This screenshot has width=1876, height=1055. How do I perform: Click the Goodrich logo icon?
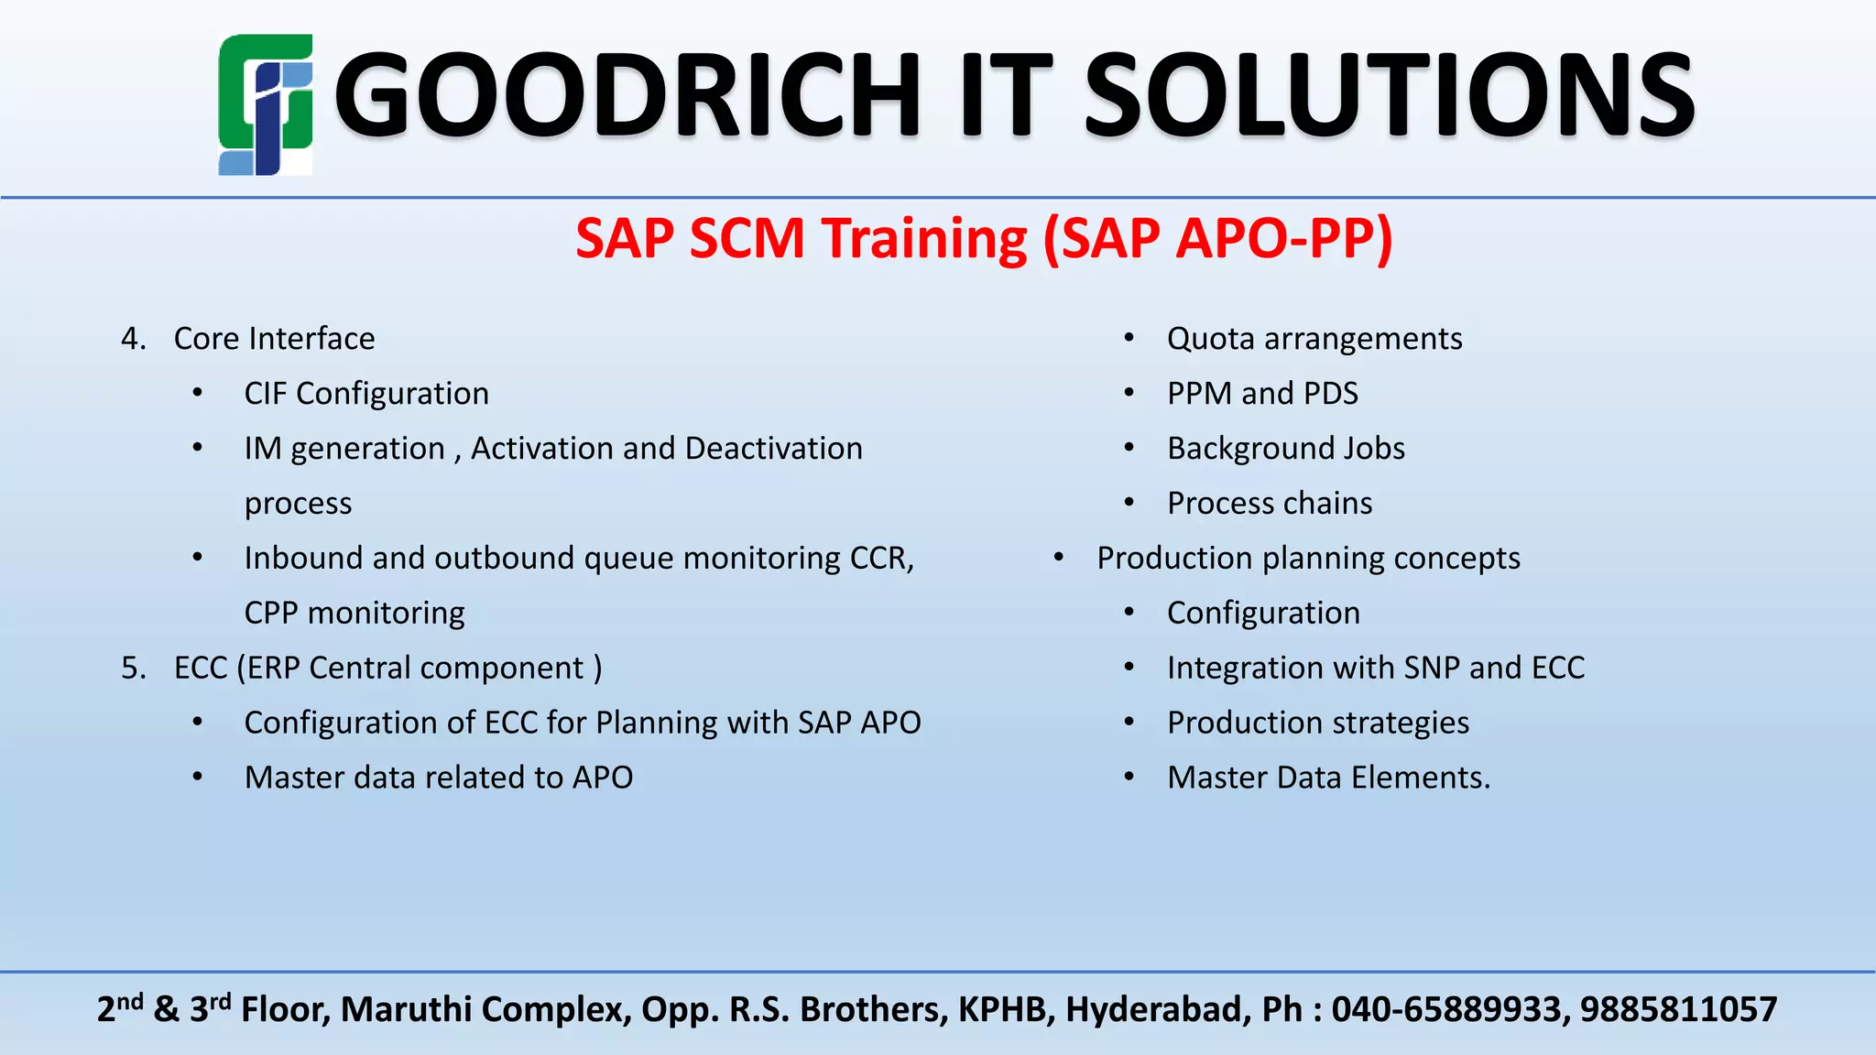[266, 104]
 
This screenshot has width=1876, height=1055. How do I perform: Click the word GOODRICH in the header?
[627, 95]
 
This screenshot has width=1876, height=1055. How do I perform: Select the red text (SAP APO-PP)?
[1217, 239]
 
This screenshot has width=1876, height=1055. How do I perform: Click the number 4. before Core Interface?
[134, 339]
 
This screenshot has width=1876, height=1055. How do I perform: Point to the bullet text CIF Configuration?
[366, 394]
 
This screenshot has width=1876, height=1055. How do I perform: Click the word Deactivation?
[773, 449]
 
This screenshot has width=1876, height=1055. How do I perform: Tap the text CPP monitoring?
[354, 613]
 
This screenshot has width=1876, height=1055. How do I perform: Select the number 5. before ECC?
[134, 668]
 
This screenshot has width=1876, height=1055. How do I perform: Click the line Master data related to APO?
[439, 778]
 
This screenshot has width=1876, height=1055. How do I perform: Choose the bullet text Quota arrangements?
[1314, 339]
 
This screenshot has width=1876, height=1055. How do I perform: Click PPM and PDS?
[1262, 394]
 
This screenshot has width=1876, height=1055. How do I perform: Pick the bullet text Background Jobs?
[1285, 449]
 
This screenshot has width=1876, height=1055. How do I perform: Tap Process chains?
[1270, 504]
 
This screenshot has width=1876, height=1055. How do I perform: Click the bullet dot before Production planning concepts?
[1059, 558]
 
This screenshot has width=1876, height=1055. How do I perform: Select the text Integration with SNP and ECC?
[1375, 668]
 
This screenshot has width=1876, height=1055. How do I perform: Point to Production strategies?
[1317, 723]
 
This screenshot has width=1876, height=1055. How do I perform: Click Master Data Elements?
[1328, 778]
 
